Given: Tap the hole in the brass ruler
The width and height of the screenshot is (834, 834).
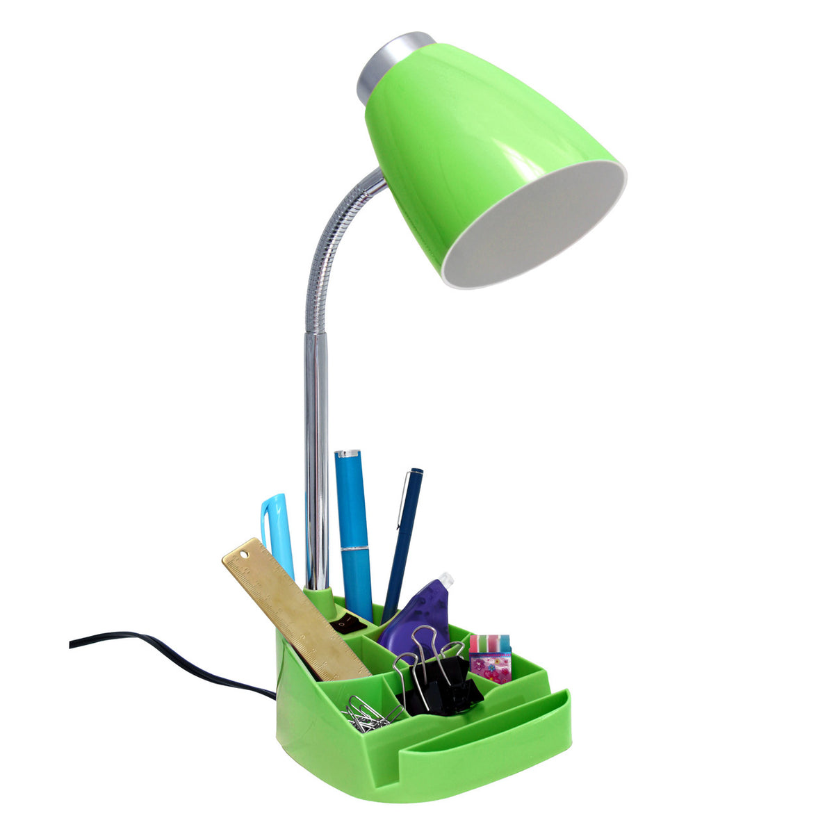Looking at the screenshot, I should point(244,553).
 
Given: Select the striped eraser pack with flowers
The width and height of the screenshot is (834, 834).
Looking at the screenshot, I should point(490,657).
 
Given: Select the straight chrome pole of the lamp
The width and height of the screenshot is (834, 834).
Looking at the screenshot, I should point(316,452).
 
